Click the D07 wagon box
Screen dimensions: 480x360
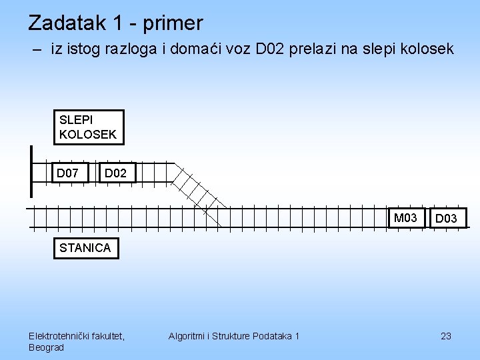[71, 173]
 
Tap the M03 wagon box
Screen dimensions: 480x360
[406, 218]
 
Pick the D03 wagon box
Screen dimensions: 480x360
[447, 218]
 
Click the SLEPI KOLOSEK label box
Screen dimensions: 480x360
[88, 127]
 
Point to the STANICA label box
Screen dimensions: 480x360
[85, 248]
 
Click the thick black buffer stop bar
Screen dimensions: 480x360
[31, 171]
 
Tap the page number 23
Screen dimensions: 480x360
[446, 336]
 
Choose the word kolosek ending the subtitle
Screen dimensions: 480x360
[429, 49]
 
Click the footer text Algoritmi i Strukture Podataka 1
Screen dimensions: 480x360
[234, 336]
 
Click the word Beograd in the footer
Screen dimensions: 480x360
[47, 347]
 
